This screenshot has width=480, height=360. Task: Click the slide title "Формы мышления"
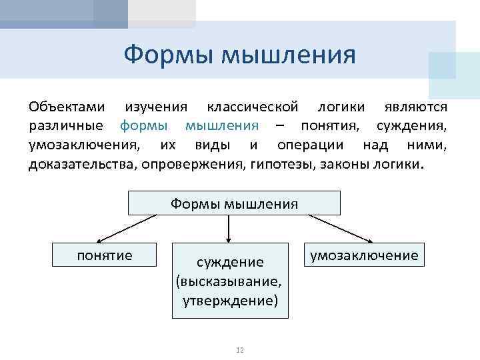click(239, 54)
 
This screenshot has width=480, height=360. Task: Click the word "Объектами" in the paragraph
click(67, 107)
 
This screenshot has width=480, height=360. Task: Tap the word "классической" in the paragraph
click(257, 107)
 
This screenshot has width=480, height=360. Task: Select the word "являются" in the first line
click(418, 107)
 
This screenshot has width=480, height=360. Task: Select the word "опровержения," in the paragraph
click(193, 163)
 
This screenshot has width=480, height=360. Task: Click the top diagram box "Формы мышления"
click(234, 203)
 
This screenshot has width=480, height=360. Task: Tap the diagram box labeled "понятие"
click(105, 255)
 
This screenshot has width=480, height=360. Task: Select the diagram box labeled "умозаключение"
click(363, 255)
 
